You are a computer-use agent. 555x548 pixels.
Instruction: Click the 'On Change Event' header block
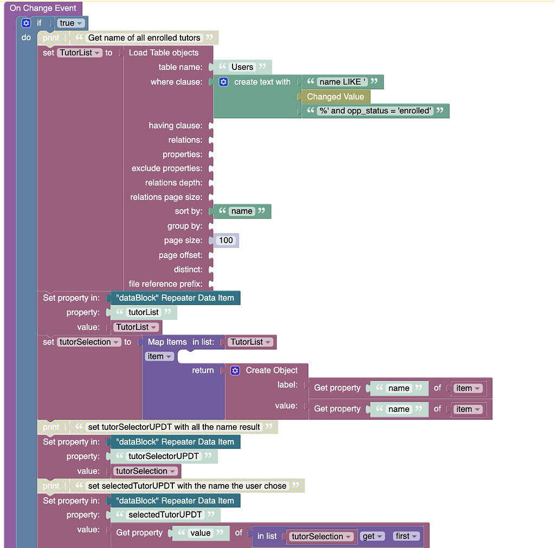click(x=43, y=8)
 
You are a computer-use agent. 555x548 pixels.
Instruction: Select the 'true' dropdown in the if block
click(x=71, y=23)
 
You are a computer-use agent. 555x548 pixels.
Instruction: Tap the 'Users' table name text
click(x=242, y=67)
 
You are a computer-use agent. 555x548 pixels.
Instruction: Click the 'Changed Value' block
click(x=335, y=96)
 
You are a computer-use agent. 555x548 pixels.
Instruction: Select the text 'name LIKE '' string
click(x=342, y=82)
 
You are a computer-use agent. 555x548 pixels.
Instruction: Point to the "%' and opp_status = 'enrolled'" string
click(x=375, y=111)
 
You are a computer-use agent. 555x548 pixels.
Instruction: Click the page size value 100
click(x=225, y=240)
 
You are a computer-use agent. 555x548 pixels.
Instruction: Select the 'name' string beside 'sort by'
click(x=241, y=211)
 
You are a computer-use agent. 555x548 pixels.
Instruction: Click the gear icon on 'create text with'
click(x=224, y=82)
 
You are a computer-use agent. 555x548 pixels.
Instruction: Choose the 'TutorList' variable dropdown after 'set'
click(x=79, y=53)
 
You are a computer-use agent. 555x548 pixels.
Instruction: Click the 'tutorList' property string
click(x=143, y=312)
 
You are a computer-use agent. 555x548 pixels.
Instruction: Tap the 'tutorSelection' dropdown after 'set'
click(x=88, y=341)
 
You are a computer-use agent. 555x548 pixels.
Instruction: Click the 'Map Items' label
click(x=167, y=341)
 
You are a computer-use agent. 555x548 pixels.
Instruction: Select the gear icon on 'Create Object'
click(x=235, y=370)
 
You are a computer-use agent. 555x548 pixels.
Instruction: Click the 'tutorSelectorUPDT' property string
click(x=163, y=456)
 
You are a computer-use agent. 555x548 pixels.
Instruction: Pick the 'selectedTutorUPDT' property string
click(x=165, y=514)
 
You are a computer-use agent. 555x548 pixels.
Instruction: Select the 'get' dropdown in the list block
click(x=372, y=536)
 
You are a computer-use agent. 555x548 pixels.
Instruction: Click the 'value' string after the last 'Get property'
click(x=200, y=533)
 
